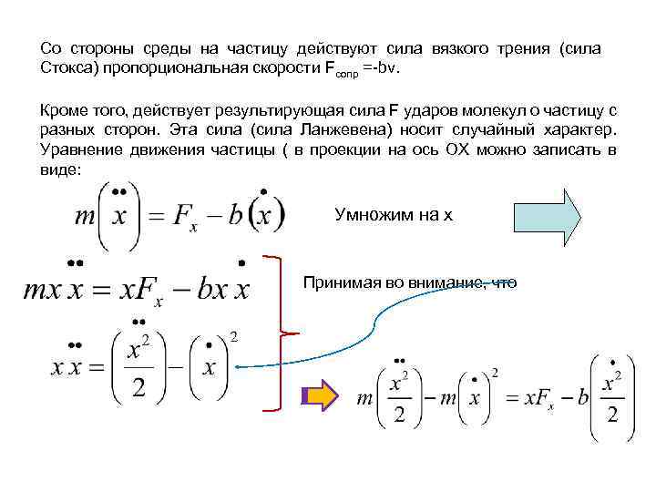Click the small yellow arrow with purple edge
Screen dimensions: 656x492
(x=318, y=397)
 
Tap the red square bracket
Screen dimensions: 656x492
(x=275, y=333)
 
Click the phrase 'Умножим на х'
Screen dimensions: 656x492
(x=394, y=214)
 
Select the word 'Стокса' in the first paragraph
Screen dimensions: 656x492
(x=67, y=69)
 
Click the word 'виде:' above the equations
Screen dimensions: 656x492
(x=60, y=169)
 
